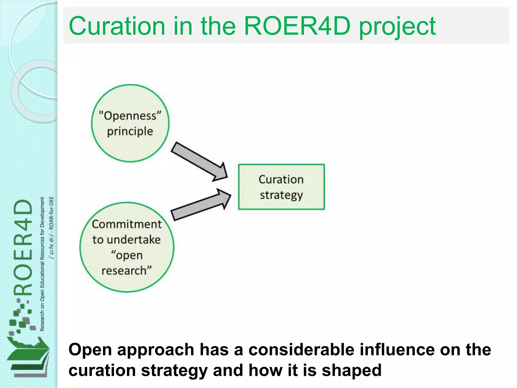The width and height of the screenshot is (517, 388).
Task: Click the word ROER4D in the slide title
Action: [297, 26]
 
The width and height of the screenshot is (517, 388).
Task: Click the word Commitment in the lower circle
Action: [127, 224]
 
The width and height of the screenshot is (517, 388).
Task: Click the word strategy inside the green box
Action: [281, 196]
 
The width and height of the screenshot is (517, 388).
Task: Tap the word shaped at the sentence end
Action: [351, 371]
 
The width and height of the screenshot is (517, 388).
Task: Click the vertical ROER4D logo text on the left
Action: [23, 248]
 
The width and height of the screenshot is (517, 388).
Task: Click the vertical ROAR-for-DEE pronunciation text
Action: [51, 227]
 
